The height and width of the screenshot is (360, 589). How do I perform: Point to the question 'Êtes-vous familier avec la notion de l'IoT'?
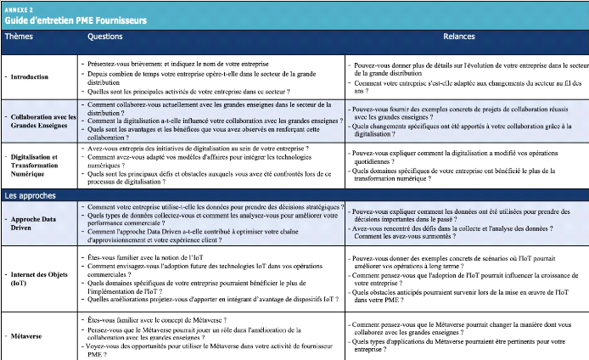tap(149, 256)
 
